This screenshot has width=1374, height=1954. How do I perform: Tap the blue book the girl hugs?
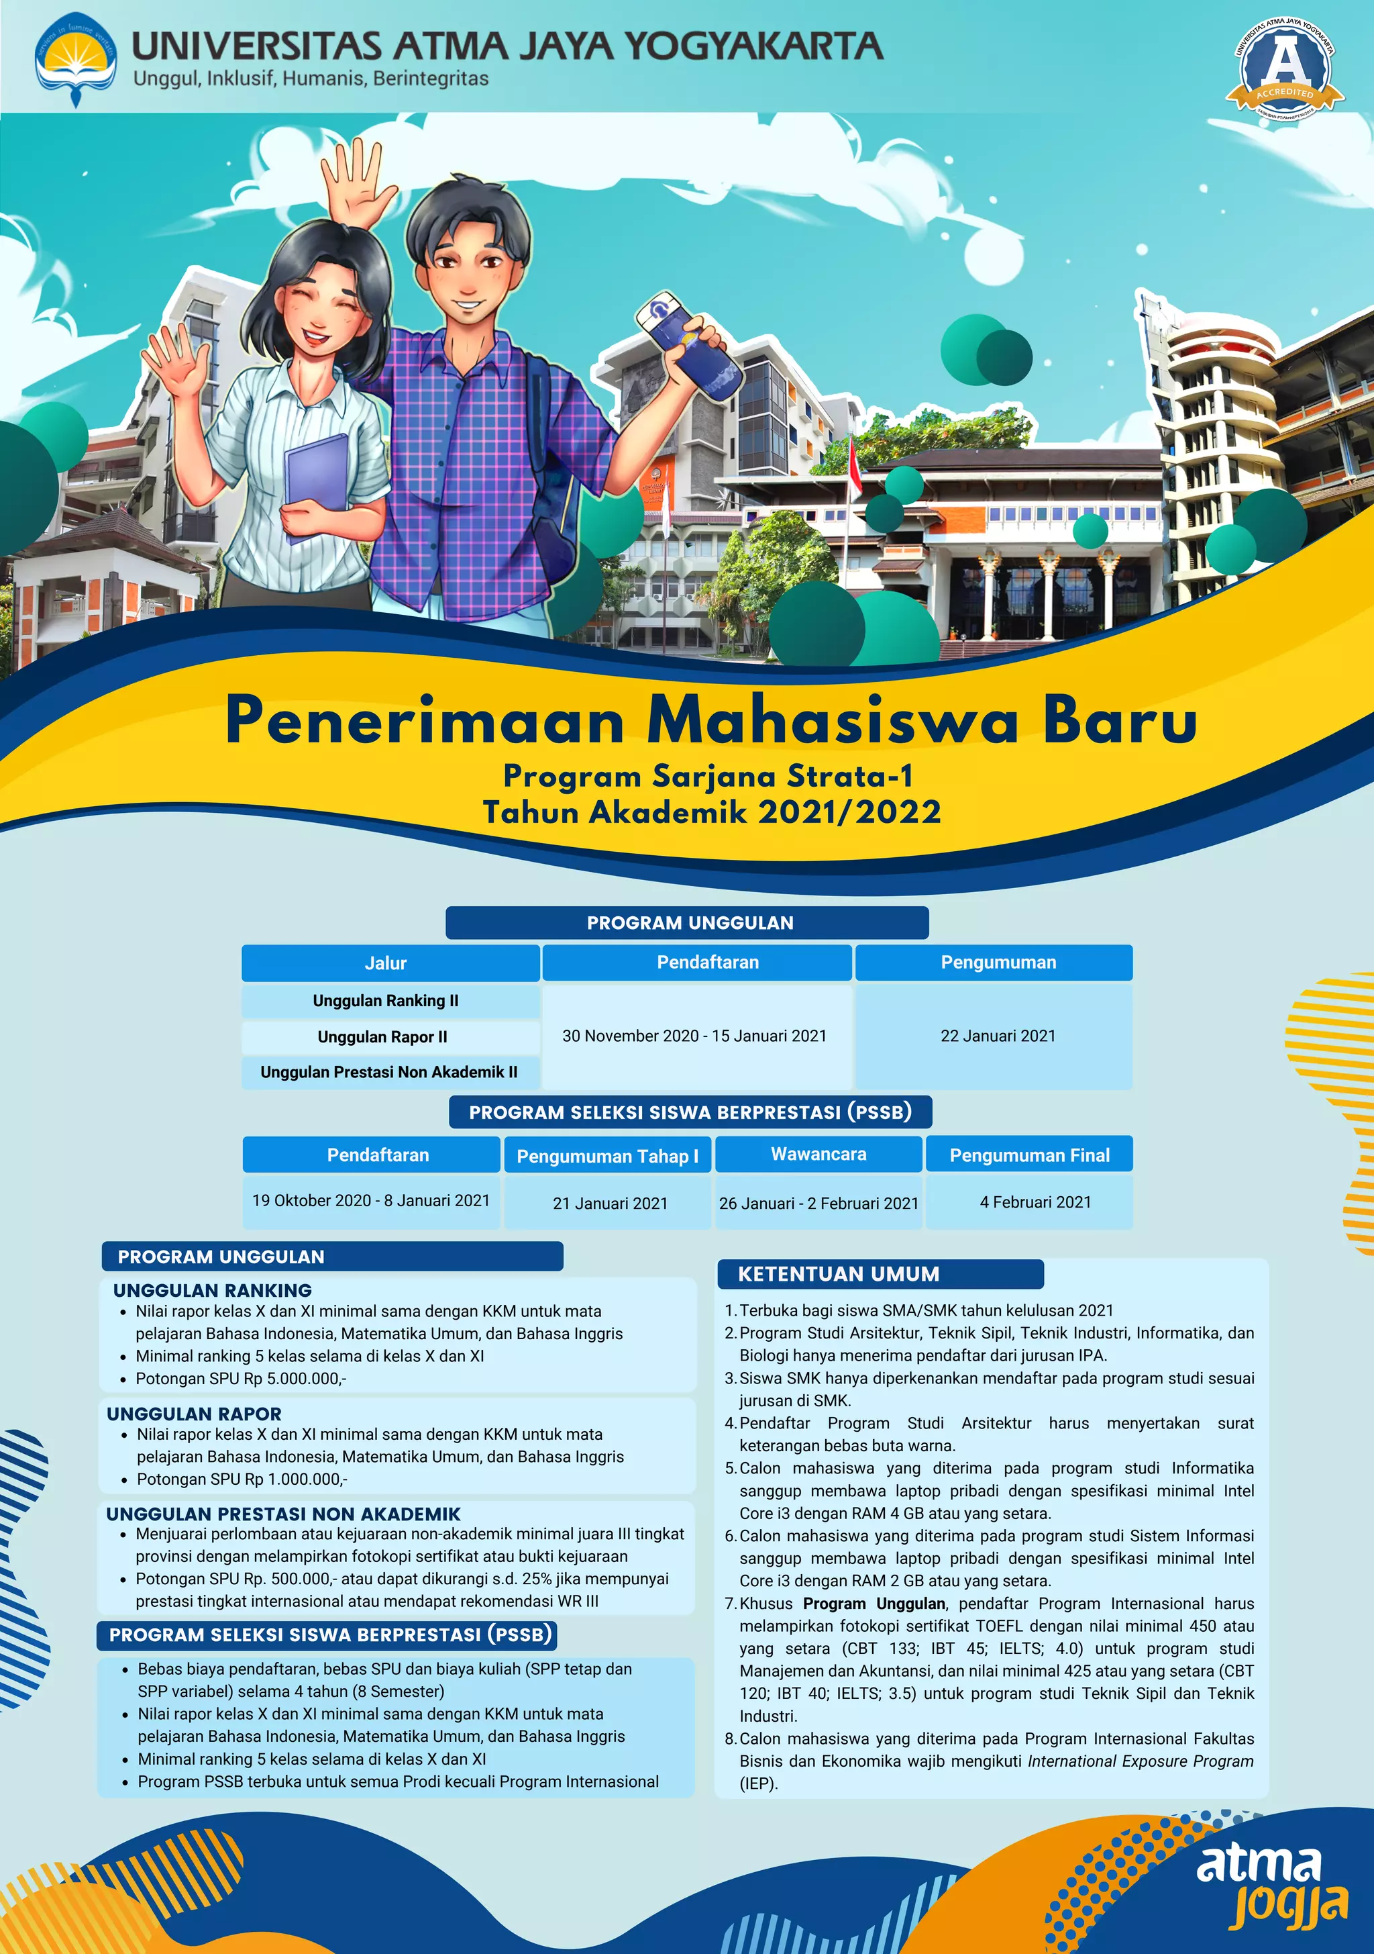pyautogui.click(x=317, y=485)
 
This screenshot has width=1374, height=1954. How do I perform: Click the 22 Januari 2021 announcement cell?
pyautogui.click(x=997, y=1036)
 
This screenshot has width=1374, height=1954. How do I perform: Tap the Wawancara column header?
pyautogui.click(x=818, y=1154)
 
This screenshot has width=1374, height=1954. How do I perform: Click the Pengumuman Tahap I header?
pyautogui.click(x=606, y=1156)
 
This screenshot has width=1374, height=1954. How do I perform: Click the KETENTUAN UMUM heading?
pyautogui.click(x=838, y=1274)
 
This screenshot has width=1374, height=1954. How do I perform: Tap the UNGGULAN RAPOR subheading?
pyautogui.click(x=194, y=1414)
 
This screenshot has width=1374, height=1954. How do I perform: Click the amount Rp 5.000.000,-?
pyautogui.click(x=295, y=1379)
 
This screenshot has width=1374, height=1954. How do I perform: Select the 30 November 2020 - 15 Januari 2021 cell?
pyautogui.click(x=694, y=1036)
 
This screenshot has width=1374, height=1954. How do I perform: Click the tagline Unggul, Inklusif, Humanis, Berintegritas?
pyautogui.click(x=311, y=79)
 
